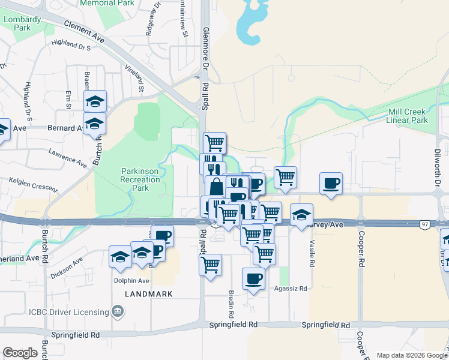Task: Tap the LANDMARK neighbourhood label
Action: coord(149,294)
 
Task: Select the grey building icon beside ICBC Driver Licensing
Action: coord(118,311)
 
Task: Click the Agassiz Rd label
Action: coord(291,289)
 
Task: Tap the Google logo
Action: coord(20,353)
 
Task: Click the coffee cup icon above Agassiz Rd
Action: coord(253,278)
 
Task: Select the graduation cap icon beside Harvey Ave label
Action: coord(301,214)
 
